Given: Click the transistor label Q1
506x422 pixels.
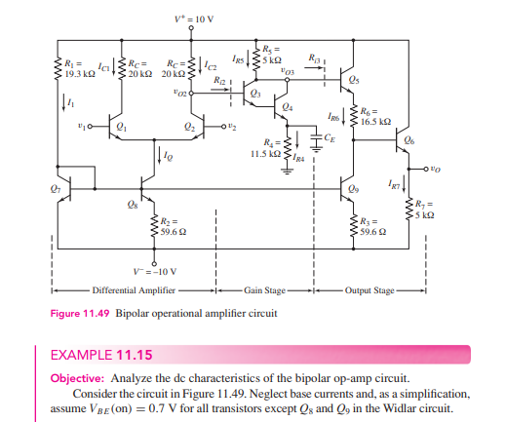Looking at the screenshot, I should click(x=121, y=127).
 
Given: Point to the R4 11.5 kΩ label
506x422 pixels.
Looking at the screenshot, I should click(x=264, y=148).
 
